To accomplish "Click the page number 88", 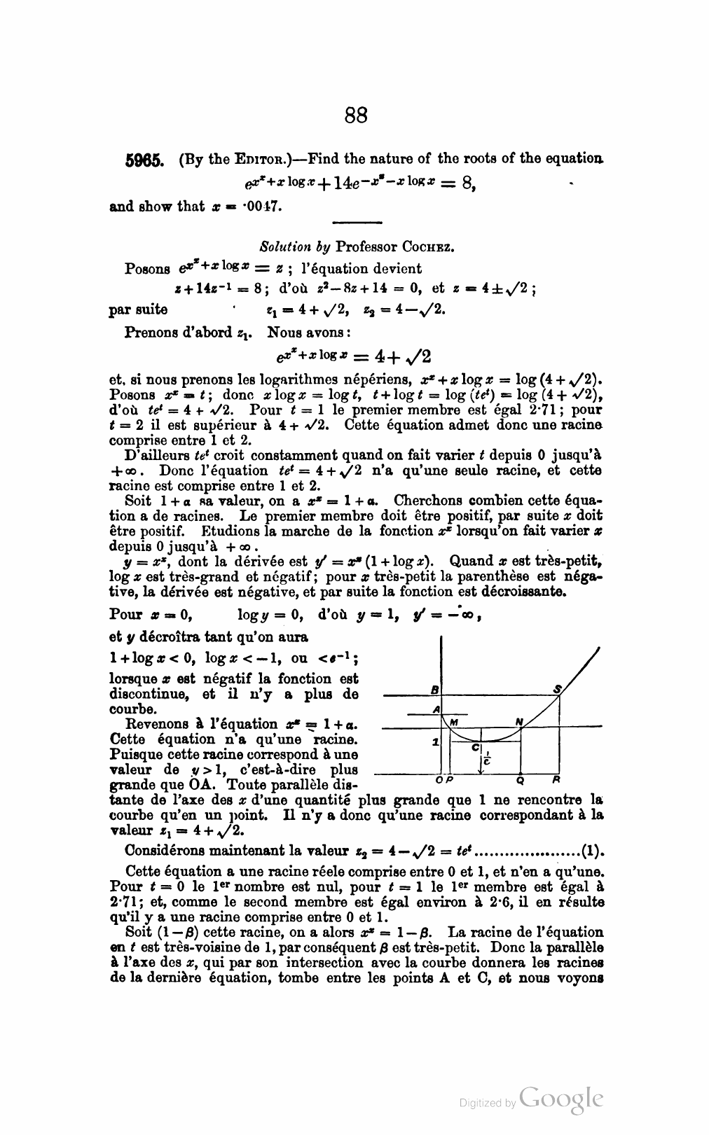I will (356, 115).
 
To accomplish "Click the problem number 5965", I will (144, 160).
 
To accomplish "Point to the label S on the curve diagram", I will (558, 690).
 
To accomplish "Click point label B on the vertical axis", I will (434, 690).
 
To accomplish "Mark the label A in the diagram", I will (436, 709).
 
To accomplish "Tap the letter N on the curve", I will (519, 722).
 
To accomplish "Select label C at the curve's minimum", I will (474, 748).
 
